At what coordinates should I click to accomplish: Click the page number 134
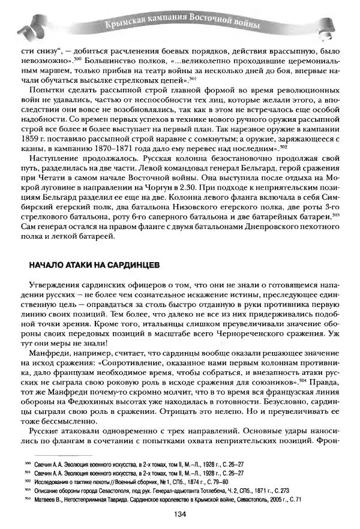click(x=180, y=515)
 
